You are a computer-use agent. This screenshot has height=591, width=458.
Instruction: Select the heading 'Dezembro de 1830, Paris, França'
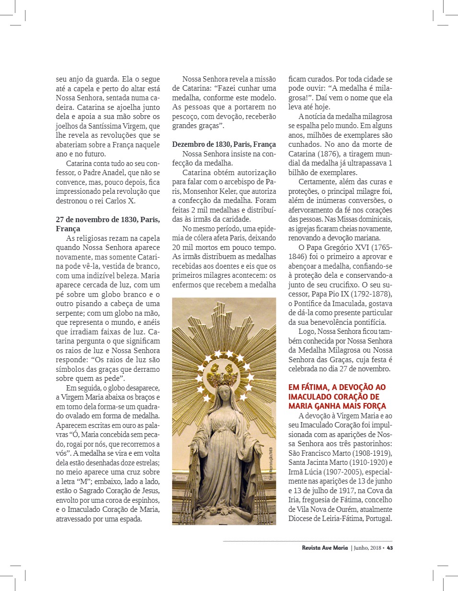224,144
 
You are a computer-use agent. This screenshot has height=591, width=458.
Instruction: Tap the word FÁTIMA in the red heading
313,387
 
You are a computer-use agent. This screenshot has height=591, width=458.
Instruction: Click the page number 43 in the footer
390,548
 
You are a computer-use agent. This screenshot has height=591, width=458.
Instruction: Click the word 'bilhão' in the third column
299,172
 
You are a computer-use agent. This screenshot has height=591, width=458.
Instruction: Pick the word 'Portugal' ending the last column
377,519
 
